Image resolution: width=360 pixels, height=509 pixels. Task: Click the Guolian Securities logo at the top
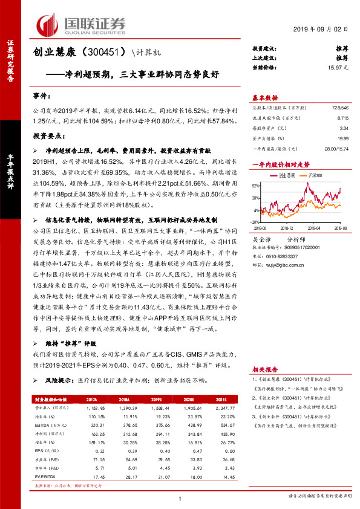81,25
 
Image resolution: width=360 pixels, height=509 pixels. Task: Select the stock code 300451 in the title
108,53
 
